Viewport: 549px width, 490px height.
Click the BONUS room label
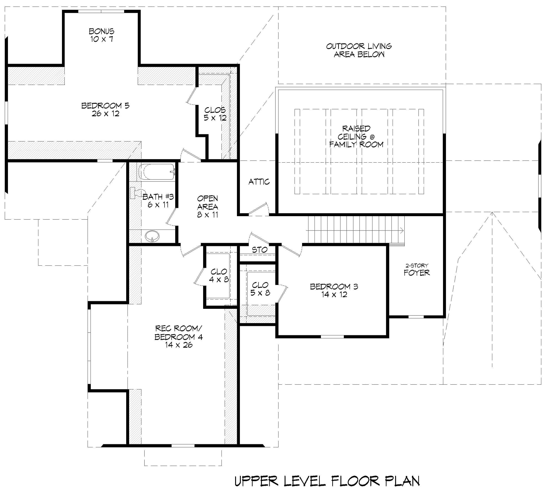pos(101,32)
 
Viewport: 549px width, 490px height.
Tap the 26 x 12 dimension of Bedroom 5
pos(105,114)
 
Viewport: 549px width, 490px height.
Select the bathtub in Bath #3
pos(156,172)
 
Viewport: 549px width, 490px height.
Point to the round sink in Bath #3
pos(152,236)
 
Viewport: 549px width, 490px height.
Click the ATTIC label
pos(259,182)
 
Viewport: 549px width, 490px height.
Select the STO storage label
pos(259,250)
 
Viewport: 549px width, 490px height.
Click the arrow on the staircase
pos(401,230)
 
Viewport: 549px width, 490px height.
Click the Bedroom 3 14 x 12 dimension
pos(334,294)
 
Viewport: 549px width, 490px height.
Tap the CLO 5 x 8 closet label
pos(260,289)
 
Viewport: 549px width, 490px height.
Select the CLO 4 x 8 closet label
pos(219,275)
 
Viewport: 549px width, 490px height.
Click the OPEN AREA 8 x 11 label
pos(207,206)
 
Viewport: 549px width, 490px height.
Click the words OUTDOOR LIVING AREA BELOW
pos(359,50)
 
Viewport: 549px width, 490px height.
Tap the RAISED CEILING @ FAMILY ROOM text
pos(356,136)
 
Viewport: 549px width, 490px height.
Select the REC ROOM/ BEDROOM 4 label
pos(178,333)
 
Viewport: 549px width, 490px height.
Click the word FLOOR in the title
pos(355,481)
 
